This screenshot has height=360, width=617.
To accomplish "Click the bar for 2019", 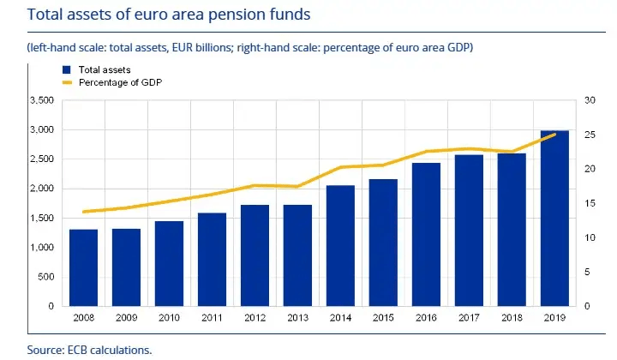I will click(x=554, y=219).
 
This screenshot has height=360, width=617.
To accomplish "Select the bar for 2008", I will click(x=83, y=267).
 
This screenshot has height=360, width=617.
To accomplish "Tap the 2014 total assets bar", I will click(x=340, y=246).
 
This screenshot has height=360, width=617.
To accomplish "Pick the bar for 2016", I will click(x=426, y=234).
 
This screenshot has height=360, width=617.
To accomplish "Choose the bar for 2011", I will click(x=212, y=259).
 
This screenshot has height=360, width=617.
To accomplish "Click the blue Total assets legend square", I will click(x=66, y=69).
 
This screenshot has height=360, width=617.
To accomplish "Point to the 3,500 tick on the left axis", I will click(x=41, y=100).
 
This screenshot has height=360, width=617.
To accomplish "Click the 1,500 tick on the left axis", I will click(x=41, y=218).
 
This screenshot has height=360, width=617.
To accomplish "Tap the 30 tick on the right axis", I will click(x=590, y=100).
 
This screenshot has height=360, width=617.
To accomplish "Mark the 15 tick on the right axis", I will click(x=590, y=203).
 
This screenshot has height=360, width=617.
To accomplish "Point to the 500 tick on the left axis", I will click(x=46, y=276).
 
